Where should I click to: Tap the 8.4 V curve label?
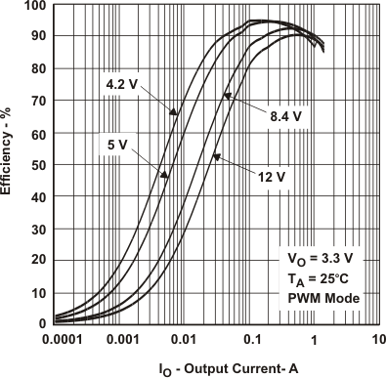[286, 116]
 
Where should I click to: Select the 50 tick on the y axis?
[35, 165]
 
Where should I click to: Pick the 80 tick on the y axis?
[35, 69]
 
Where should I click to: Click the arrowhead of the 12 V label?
[215, 156]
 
